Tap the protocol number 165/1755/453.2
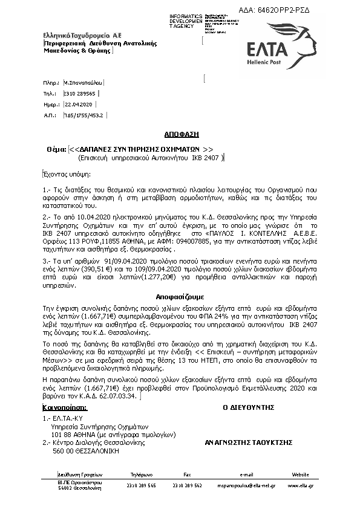(x=84, y=114)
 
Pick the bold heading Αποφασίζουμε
(x=180, y=297)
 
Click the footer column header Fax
(x=187, y=475)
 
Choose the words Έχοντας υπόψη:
(x=64, y=173)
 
